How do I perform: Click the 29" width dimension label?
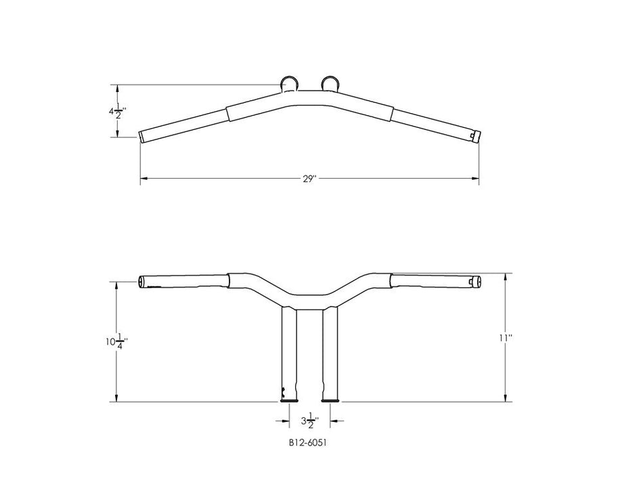[309, 179]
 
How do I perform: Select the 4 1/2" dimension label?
[117, 111]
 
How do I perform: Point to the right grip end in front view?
[477, 280]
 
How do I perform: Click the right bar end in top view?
[476, 135]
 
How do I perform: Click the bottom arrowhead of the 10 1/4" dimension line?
[116, 399]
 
